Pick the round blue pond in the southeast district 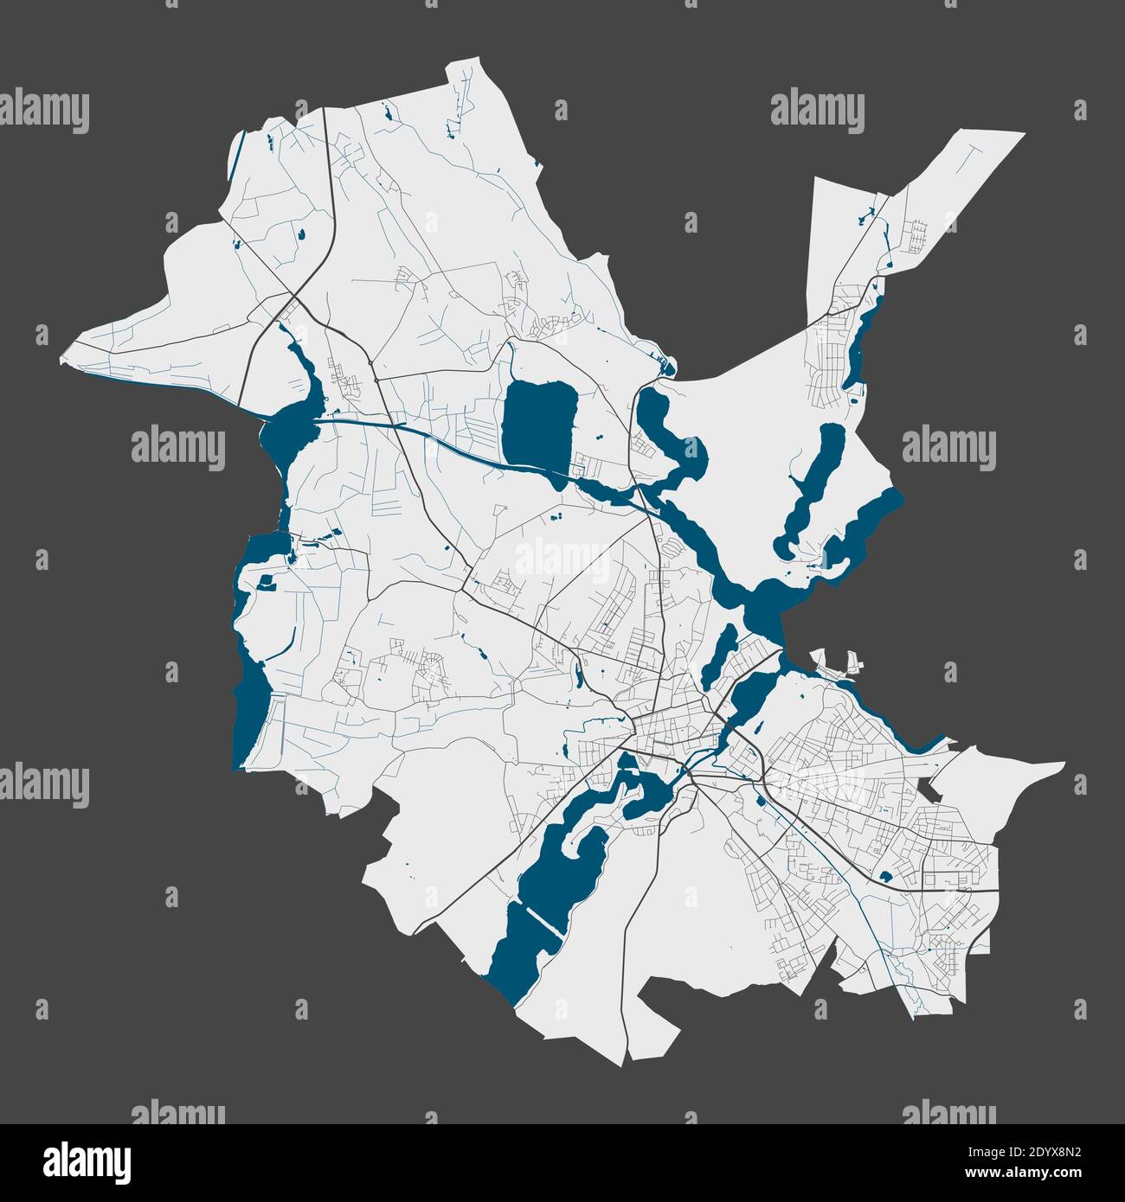pos(884,877)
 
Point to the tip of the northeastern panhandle pos(1021,135)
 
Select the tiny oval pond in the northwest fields pos(301,233)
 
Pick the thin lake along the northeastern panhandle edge pos(861,346)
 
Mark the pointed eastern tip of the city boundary pos(1063,764)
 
